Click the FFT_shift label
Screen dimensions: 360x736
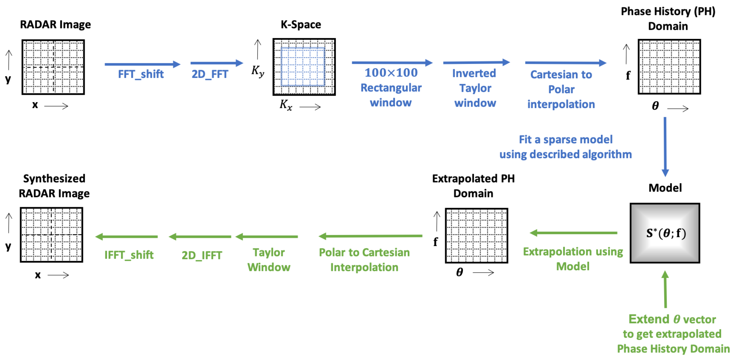pyautogui.click(x=140, y=74)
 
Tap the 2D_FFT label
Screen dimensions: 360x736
pyautogui.click(x=210, y=74)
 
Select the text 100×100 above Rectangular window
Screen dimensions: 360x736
pyautogui.click(x=391, y=73)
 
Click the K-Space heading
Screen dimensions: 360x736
pyautogui.click(x=301, y=24)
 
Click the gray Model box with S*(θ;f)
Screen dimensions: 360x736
pyautogui.click(x=665, y=233)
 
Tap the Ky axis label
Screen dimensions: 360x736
pyautogui.click(x=257, y=71)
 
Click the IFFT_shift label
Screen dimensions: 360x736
pyautogui.click(x=129, y=255)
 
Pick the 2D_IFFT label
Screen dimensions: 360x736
pyautogui.click(x=202, y=255)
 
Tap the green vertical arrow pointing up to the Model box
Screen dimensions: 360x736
pyautogui.click(x=665, y=289)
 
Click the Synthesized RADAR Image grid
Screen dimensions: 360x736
pyautogui.click(x=52, y=234)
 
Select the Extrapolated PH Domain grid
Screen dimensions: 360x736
pyautogui.click(x=476, y=235)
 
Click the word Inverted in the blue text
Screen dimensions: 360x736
pyautogui.click(x=474, y=73)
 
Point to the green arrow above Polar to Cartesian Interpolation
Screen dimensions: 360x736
pyautogui.click(x=370, y=236)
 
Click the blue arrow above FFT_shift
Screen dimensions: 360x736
pyautogui.click(x=142, y=64)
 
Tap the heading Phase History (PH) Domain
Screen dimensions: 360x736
pyautogui.click(x=668, y=19)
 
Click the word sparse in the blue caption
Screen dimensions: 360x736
pyautogui.click(x=561, y=140)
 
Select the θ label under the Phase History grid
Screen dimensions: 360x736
pyautogui.click(x=655, y=106)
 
